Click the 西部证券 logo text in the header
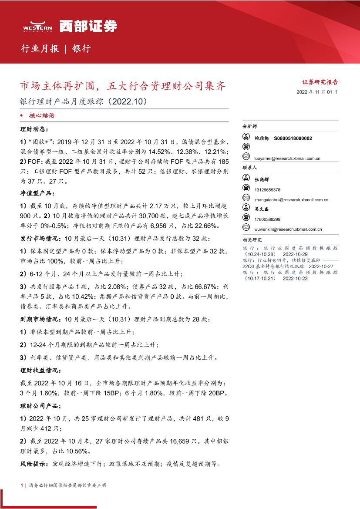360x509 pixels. tap(88, 27)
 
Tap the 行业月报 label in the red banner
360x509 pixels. tap(40, 49)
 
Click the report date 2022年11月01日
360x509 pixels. tap(317, 92)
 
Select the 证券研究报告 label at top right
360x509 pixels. tap(320, 82)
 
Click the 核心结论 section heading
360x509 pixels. tap(42, 116)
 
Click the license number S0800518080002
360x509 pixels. tap(293, 138)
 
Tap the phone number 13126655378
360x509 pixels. tap(268, 190)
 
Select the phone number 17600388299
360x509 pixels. tap(268, 219)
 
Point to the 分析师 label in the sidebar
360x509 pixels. tap(250, 126)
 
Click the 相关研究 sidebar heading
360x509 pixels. tap(252, 240)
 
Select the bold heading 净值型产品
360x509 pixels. tap(37, 193)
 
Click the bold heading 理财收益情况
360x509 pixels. tap(40, 371)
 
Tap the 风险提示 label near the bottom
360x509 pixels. tap(34, 464)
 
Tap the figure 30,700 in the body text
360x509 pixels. tap(137, 216)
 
